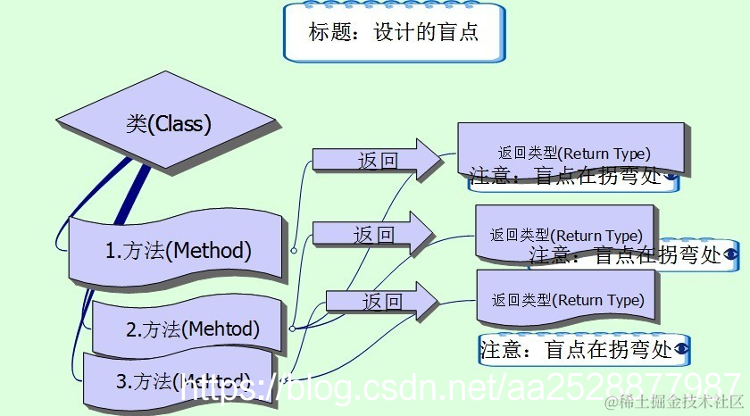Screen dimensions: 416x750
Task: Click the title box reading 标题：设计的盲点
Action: [394, 33]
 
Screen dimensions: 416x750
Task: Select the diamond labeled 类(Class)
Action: [169, 123]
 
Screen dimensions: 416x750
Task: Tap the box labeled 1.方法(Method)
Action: [178, 251]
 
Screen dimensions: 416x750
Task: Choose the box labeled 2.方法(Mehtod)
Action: [192, 329]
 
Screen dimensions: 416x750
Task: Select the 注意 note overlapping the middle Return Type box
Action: [625, 255]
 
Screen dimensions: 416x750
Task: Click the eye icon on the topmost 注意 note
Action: [670, 177]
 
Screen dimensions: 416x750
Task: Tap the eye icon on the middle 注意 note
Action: [730, 254]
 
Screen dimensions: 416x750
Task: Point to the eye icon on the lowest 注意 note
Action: [683, 349]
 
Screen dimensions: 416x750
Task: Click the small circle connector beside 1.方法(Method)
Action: [293, 251]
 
